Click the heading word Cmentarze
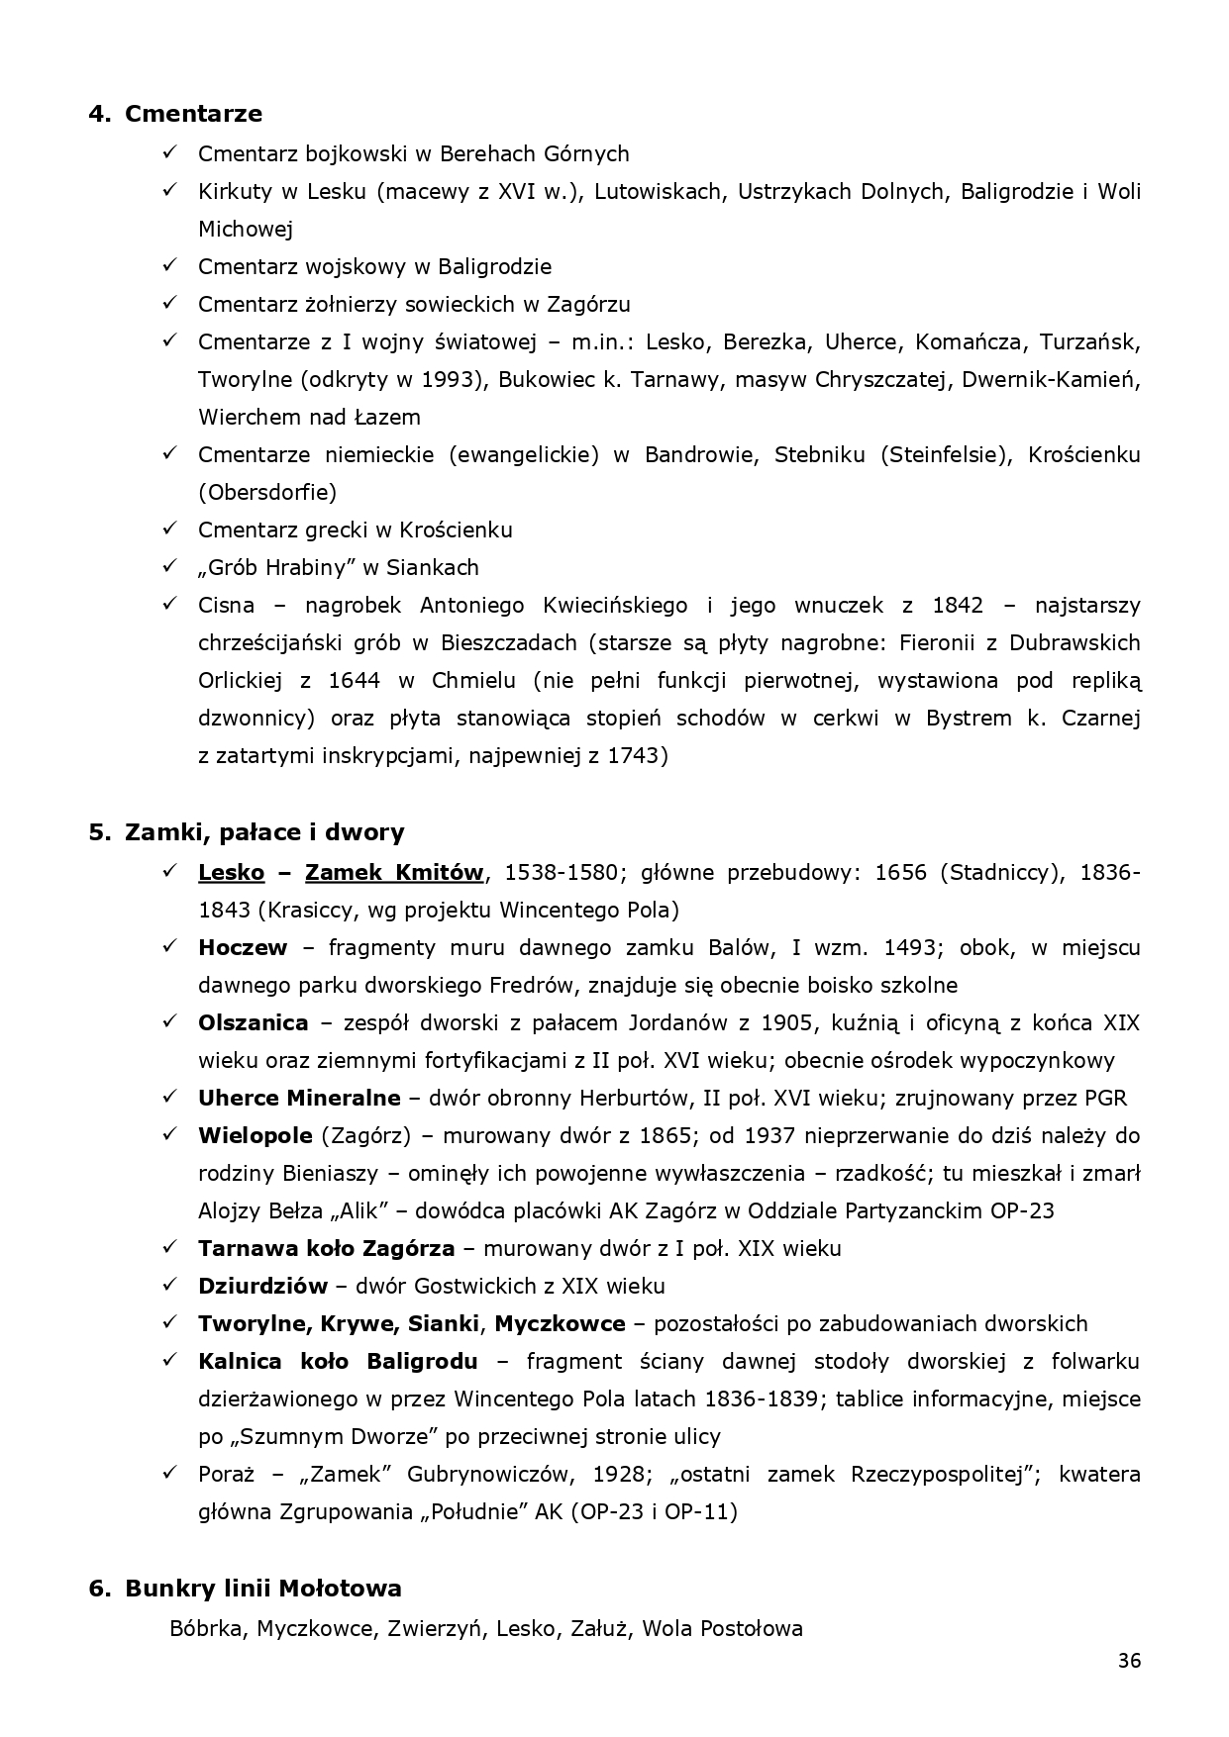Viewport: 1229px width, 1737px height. pyautogui.click(x=193, y=114)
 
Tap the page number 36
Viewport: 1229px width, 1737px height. pyautogui.click(x=1129, y=1661)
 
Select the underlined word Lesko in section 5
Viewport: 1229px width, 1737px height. pyautogui.click(x=231, y=873)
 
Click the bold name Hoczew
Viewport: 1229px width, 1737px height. pyautogui.click(x=243, y=948)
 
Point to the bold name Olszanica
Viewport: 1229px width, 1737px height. pyautogui.click(x=253, y=1023)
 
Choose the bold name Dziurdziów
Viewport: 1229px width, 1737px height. pyautogui.click(x=262, y=1287)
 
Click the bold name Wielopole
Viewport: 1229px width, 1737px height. pyautogui.click(x=255, y=1136)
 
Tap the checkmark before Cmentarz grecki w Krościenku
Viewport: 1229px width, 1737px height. pyautogui.click(x=169, y=530)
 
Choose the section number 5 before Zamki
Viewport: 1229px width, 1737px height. pyautogui.click(x=97, y=832)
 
